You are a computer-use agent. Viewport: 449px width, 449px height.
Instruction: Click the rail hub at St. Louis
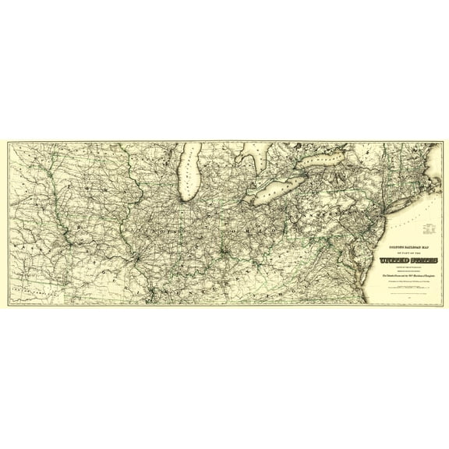(136, 257)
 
